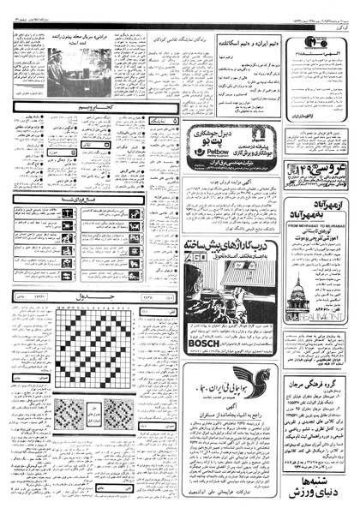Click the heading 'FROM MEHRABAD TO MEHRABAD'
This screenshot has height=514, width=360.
tap(310, 205)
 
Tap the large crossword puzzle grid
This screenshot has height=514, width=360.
tap(91, 347)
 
